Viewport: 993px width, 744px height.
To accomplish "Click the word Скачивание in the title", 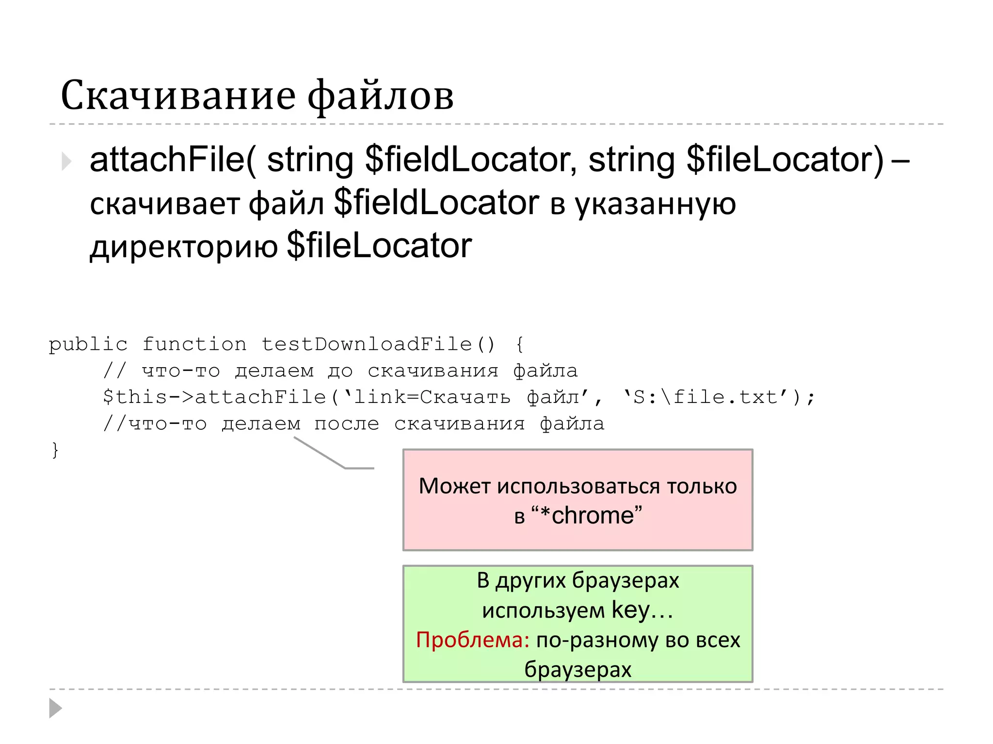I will (x=178, y=95).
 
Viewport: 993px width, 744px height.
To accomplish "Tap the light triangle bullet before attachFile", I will (x=66, y=161).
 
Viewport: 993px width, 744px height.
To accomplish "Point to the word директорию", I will (x=184, y=246).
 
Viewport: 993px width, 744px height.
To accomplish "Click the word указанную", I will (x=655, y=203).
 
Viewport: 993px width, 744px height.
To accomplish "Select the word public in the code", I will (x=88, y=344).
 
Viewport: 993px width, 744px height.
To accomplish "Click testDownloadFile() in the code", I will (x=379, y=344).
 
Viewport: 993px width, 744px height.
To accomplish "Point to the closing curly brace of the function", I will (x=55, y=450).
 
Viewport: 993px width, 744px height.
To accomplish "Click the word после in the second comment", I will (x=346, y=424).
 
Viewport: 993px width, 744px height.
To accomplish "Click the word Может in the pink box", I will (x=454, y=486).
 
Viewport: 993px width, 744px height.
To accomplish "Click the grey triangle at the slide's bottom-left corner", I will (x=55, y=708).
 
